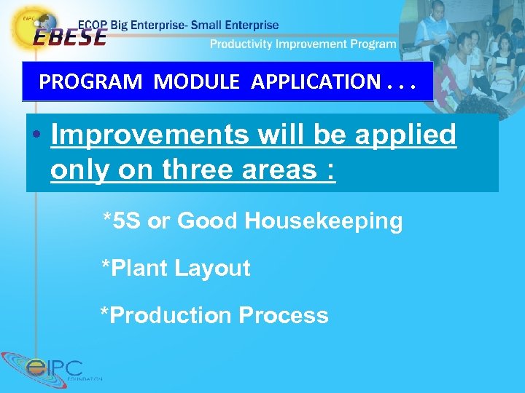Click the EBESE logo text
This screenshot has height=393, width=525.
[69, 36]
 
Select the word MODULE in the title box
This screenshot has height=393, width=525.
[196, 82]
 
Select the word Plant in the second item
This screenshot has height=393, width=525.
[139, 268]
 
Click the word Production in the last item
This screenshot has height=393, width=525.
[166, 315]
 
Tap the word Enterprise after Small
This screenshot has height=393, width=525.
[251, 25]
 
